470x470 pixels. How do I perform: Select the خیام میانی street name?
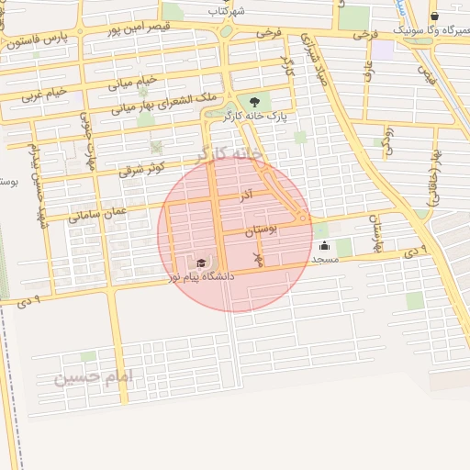pyautogui.click(x=134, y=83)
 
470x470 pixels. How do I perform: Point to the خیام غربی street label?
pyautogui.click(x=45, y=93)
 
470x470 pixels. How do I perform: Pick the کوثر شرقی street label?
pyautogui.click(x=142, y=168)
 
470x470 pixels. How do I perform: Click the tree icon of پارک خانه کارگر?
pyautogui.click(x=254, y=102)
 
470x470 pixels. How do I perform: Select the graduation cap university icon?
pyautogui.click(x=201, y=263)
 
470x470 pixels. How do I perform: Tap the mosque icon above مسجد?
pyautogui.click(x=324, y=246)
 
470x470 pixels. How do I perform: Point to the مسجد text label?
pyautogui.click(x=325, y=260)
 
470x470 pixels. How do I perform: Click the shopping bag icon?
pyautogui.click(x=434, y=16)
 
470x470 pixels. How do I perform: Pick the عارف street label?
pyautogui.click(x=367, y=70)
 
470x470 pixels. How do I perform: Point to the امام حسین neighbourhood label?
pyautogui.click(x=93, y=376)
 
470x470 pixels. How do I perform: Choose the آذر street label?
pyautogui.click(x=248, y=196)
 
